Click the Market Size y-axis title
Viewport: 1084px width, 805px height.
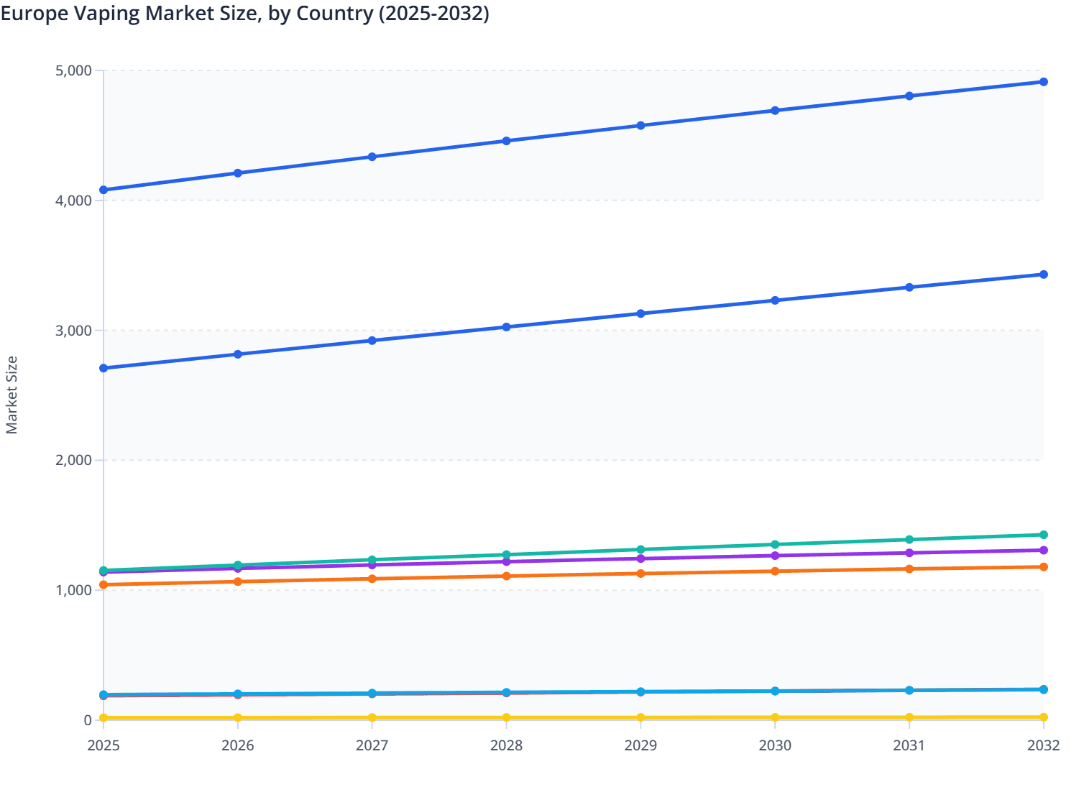[12, 395]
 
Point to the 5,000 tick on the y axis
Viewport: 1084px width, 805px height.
[73, 70]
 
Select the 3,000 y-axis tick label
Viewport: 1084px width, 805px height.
[73, 331]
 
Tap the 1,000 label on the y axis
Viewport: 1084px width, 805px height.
[73, 590]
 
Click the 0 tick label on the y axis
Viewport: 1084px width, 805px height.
[87, 720]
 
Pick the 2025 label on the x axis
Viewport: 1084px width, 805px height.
[104, 745]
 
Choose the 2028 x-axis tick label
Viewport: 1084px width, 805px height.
[506, 745]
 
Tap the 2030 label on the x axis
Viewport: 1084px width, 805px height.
[775, 745]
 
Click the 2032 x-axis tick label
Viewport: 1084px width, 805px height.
[1043, 745]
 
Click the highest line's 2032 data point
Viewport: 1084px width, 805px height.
[1043, 82]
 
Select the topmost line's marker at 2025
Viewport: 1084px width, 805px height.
[104, 190]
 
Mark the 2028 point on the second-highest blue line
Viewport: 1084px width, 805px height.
[506, 327]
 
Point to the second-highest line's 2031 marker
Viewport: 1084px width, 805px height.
[909, 287]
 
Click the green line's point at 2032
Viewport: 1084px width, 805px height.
[1043, 535]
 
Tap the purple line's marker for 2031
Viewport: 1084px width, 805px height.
[909, 553]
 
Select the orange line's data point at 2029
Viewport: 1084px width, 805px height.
[640, 574]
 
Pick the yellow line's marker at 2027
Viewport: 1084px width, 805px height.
[372, 718]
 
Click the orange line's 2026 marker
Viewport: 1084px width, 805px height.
[238, 581]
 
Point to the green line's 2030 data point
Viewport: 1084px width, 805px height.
[775, 545]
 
